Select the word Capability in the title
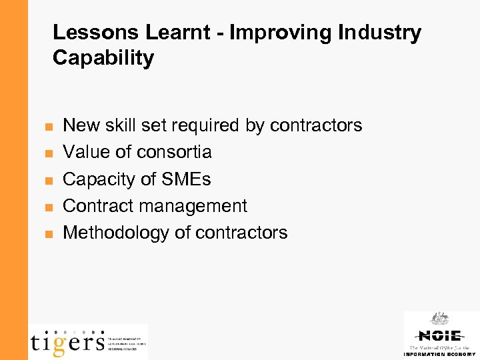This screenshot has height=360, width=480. point(103,58)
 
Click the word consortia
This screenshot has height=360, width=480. point(174,152)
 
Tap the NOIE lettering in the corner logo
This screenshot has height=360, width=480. point(439,335)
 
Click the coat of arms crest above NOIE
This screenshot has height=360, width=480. point(439,319)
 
